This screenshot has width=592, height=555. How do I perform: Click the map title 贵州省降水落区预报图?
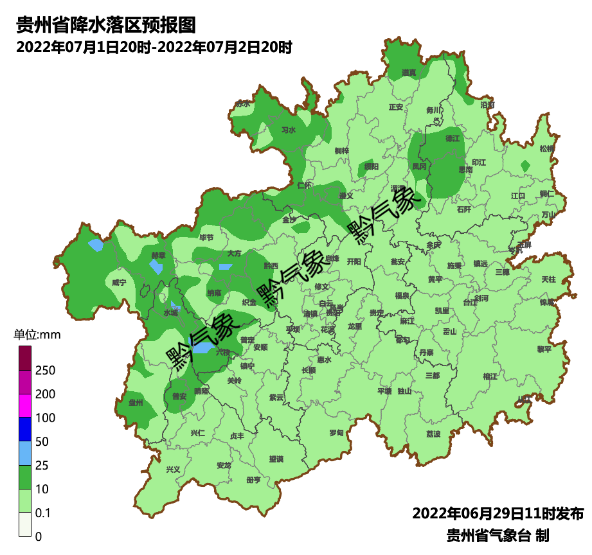click(x=105, y=25)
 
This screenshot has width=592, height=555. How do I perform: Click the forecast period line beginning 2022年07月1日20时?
click(x=154, y=47)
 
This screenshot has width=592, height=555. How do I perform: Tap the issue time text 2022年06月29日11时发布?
click(x=498, y=514)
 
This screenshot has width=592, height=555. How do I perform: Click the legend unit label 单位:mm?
click(x=37, y=335)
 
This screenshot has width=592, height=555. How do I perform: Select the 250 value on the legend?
click(x=45, y=371)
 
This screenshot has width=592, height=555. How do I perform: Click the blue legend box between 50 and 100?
click(x=25, y=429)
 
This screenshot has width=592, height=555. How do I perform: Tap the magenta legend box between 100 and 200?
click(x=25, y=405)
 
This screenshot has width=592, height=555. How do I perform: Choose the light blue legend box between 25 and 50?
click(x=25, y=453)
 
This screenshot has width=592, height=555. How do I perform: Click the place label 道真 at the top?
click(x=409, y=73)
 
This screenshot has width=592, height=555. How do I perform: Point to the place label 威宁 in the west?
click(x=119, y=283)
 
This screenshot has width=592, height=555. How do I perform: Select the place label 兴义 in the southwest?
click(x=173, y=470)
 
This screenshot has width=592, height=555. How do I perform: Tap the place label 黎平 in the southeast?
click(x=544, y=349)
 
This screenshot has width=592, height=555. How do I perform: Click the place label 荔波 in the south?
click(x=433, y=434)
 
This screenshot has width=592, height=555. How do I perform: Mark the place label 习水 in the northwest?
click(x=289, y=130)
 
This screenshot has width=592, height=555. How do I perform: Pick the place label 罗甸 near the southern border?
click(x=336, y=433)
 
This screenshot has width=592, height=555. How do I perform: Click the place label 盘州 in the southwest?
click(x=136, y=403)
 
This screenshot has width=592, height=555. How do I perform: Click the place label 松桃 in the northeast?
click(x=546, y=148)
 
